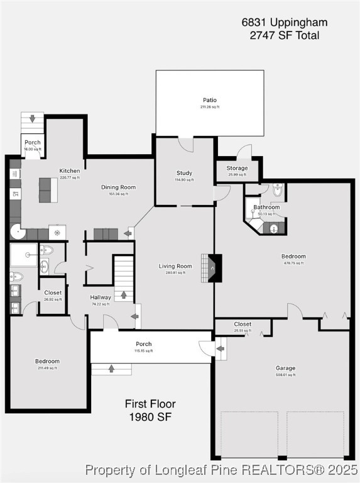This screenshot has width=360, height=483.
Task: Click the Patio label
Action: pyautogui.click(x=210, y=100)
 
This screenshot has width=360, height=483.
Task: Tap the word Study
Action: pyautogui.click(x=184, y=173)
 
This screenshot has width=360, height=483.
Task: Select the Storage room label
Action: pyautogui.click(x=237, y=168)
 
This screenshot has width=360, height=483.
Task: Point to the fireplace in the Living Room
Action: pyautogui.click(x=214, y=267)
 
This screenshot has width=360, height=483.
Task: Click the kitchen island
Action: pyautogui.click(x=45, y=189)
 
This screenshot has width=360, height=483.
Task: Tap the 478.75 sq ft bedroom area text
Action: pyautogui.click(x=293, y=263)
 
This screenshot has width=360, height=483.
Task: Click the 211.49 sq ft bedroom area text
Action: pyautogui.click(x=47, y=368)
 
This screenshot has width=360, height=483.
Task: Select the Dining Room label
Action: pyautogui.click(x=119, y=187)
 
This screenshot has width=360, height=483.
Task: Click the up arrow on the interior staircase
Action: pyautogui.click(x=124, y=294)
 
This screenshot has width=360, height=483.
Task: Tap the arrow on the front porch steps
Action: pyautogui.click(x=111, y=369)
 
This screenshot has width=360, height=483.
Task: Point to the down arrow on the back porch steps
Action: pyautogui.click(x=32, y=119)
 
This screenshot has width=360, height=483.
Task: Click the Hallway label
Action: pyautogui.click(x=101, y=297)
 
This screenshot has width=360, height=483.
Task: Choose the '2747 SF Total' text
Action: pyautogui.click(x=284, y=35)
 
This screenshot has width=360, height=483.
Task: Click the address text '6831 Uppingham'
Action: pyautogui.click(x=284, y=22)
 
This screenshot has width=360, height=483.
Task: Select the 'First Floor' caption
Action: pyautogui.click(x=150, y=404)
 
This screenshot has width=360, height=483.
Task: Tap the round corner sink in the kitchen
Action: pyautogui.click(x=15, y=233)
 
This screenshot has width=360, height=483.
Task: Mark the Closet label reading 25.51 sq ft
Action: pyautogui.click(x=243, y=324)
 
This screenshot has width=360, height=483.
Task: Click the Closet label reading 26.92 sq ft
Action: pyautogui.click(x=53, y=292)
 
